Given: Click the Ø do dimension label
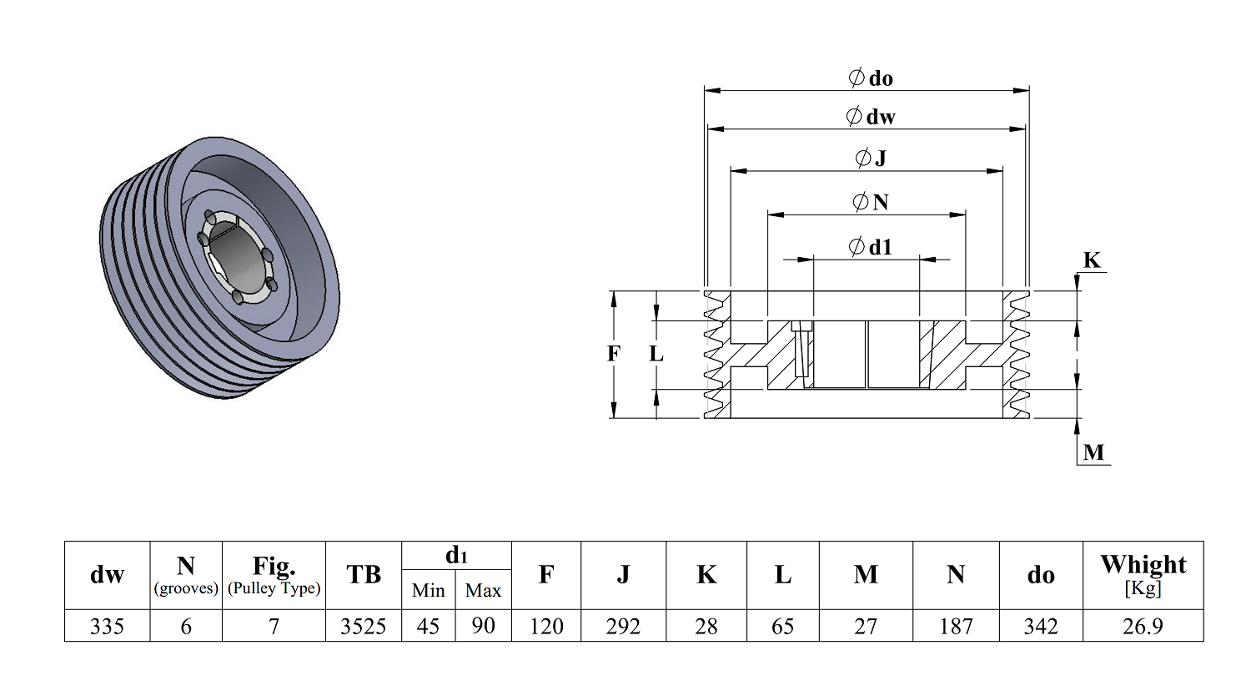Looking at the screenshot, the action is point(870,78).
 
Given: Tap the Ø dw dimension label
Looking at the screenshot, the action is point(870,116).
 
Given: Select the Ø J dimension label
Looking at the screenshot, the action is point(871,158).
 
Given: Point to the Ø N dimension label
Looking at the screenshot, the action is point(871,202).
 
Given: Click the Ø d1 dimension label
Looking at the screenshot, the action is point(870,246).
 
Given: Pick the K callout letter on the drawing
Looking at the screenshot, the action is point(1092,260).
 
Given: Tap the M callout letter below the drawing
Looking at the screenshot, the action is point(1093,452).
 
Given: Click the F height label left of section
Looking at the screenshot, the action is point(613,353).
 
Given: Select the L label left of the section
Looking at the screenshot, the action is point(656,353).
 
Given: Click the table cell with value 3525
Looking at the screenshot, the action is point(363,626).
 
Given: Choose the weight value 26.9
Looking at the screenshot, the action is point(1143,626).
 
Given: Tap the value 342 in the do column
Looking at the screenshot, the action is point(1041,626).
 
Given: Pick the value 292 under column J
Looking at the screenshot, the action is point(623,626).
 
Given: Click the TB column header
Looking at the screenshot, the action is point(363,574).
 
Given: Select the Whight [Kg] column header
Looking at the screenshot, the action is point(1143,575).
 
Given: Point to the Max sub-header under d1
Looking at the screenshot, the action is point(483,591).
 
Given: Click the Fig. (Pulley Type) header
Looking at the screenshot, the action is point(274,575).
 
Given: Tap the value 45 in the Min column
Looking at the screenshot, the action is point(428,626).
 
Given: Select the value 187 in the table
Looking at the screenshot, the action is point(956,626).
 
